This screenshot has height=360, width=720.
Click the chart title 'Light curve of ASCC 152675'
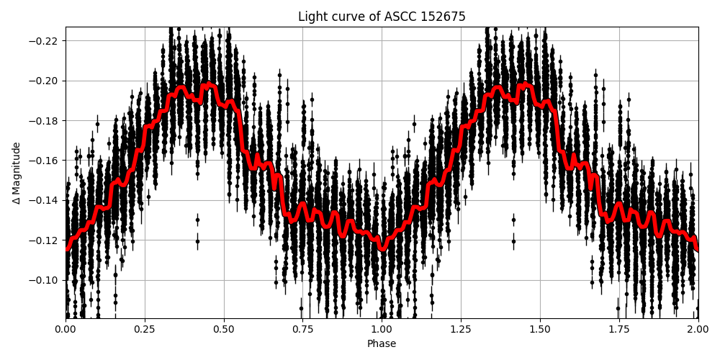tap(382, 17)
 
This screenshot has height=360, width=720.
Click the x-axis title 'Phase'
tap(382, 344)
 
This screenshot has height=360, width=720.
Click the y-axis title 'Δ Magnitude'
tap(17, 173)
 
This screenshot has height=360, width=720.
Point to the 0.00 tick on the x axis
tap(66, 329)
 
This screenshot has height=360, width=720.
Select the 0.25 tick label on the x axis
tap(145, 329)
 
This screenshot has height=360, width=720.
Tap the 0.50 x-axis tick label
tap(224, 329)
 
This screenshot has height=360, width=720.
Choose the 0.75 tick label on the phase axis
tap(303, 329)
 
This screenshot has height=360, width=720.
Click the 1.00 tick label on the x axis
tap(382, 329)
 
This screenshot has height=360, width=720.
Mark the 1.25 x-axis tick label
tap(461, 329)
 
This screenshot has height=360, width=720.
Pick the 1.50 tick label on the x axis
tap(540, 329)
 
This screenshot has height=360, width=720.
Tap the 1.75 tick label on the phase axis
tap(619, 329)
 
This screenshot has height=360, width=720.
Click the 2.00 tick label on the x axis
tap(698, 329)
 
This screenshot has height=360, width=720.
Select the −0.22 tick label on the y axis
tap(45, 40)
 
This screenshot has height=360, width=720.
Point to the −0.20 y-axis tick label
tap(45, 81)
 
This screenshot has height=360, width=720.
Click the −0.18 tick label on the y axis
tap(45, 120)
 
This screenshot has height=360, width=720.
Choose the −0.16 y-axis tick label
tap(45, 160)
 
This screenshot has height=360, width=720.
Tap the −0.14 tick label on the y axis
tap(45, 200)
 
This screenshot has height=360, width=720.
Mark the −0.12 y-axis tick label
tap(45, 240)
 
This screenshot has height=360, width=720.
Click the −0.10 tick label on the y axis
tap(45, 280)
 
